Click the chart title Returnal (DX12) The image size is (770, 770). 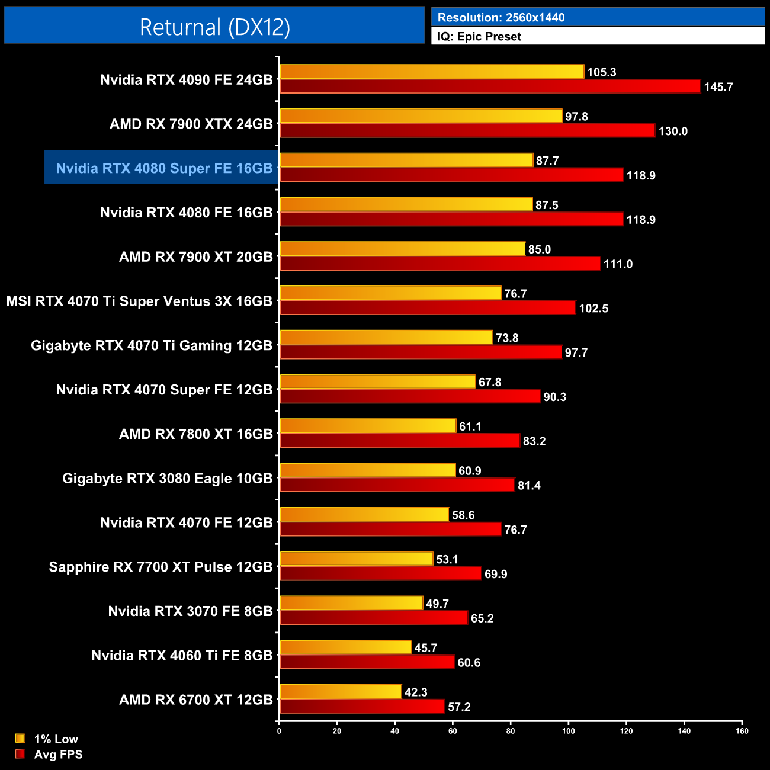[x=214, y=27]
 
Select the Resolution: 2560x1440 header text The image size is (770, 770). [x=501, y=18]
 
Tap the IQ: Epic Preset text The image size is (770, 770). [x=479, y=37]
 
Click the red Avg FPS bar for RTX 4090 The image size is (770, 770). [x=490, y=86]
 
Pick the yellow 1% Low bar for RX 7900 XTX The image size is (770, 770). [x=421, y=116]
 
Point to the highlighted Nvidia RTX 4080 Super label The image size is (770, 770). [x=164, y=168]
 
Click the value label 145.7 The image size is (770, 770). [x=718, y=87]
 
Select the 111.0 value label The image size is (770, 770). [x=618, y=264]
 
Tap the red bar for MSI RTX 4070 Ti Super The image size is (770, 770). [x=428, y=308]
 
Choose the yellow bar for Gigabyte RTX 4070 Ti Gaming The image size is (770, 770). [x=386, y=338]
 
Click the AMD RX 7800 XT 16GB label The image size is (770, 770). [x=195, y=434]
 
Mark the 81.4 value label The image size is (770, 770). [x=529, y=486]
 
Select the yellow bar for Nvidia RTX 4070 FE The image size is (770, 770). [x=364, y=515]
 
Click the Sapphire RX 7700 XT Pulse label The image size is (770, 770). [x=161, y=567]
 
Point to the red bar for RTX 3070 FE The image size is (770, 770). [x=374, y=618]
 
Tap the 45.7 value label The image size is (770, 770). [x=425, y=648]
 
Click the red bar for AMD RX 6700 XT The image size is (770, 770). [x=362, y=707]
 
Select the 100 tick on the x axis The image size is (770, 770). [x=568, y=731]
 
